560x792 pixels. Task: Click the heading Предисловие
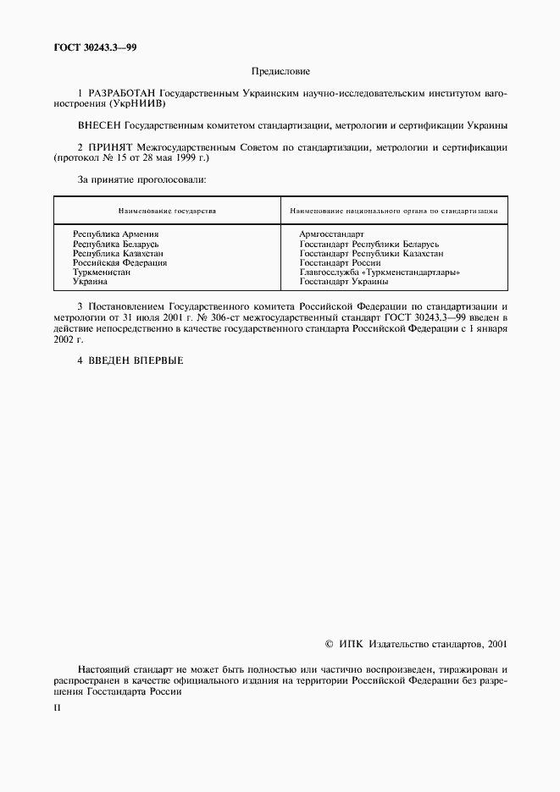pos(280,73)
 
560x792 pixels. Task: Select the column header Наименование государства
pos(167,210)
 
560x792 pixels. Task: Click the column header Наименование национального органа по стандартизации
pos(393,210)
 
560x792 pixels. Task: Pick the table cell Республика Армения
pos(116,234)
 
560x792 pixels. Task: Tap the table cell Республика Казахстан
pos(118,253)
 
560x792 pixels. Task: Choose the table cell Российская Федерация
pos(119,262)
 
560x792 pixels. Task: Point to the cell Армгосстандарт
pos(331,234)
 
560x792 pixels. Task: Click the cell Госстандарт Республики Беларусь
pos(369,244)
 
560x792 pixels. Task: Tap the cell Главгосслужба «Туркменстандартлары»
pos(380,272)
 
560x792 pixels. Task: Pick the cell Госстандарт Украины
pos(344,282)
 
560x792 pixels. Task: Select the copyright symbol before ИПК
pos(330,643)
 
